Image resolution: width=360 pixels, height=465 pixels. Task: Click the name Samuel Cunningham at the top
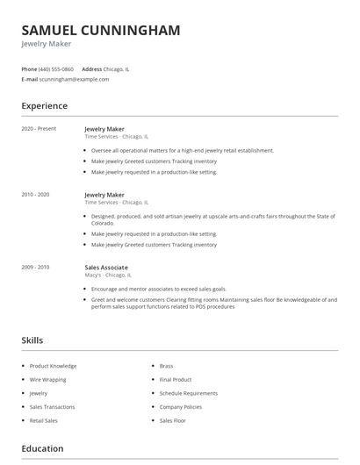pos(101,30)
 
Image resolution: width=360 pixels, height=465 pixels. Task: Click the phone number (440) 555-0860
pos(57,68)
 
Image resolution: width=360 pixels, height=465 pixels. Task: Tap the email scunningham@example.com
pos(75,79)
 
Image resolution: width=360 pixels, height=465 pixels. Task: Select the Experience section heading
pos(45,106)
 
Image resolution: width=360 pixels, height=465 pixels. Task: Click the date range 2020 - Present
pos(39,129)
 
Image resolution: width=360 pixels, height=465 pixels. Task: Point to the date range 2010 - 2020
pos(37,195)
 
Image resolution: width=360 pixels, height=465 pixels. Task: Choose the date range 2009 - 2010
pos(37,267)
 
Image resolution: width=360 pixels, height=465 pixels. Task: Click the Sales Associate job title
pos(106,267)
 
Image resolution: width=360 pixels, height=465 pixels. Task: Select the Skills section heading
pos(32,340)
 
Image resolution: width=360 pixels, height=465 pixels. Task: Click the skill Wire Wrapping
pos(49,379)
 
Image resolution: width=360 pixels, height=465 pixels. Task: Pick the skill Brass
pos(166,365)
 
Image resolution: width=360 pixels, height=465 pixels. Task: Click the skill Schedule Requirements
pos(188,393)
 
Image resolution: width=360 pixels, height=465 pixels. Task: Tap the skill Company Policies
pos(181,407)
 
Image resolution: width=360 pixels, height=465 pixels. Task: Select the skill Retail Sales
pos(45,421)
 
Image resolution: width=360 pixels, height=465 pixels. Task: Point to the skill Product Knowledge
pos(54,365)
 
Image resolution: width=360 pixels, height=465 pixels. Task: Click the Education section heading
pos(43,449)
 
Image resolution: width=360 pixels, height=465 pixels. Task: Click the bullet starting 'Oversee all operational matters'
pos(183,150)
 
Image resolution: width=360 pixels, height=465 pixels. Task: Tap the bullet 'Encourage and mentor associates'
pos(159,289)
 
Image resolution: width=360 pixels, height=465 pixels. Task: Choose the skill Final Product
pos(176,379)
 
